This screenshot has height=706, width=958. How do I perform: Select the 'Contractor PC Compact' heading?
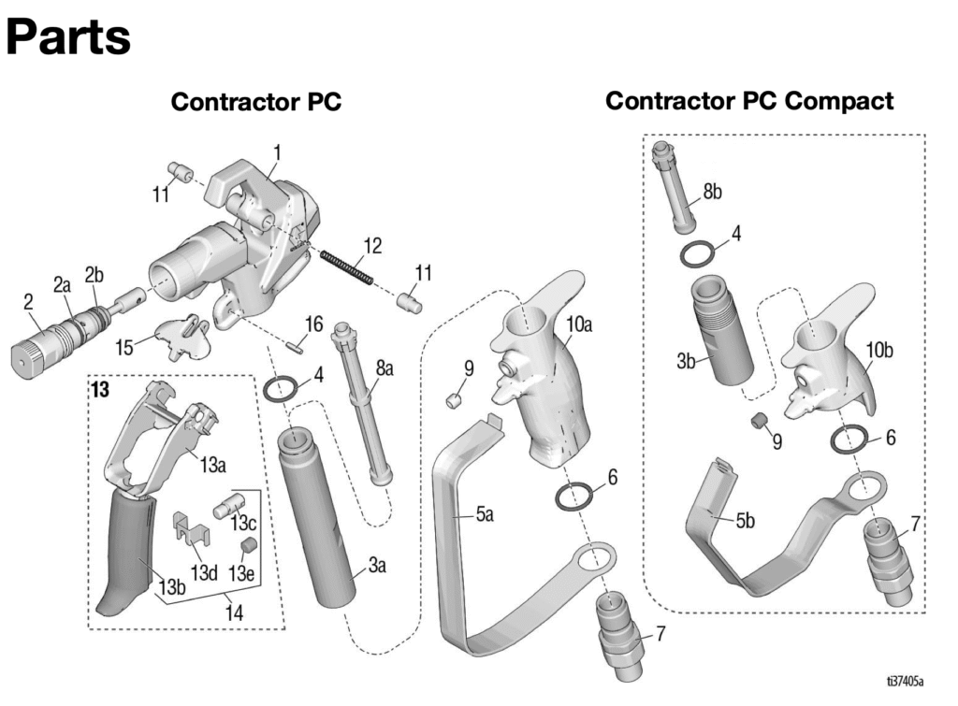(x=749, y=101)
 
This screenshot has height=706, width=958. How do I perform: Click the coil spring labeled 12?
(x=346, y=266)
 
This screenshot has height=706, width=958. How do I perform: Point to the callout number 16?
(x=313, y=324)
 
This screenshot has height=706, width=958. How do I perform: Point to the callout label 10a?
(x=579, y=324)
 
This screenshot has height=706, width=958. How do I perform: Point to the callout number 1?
(x=277, y=151)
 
